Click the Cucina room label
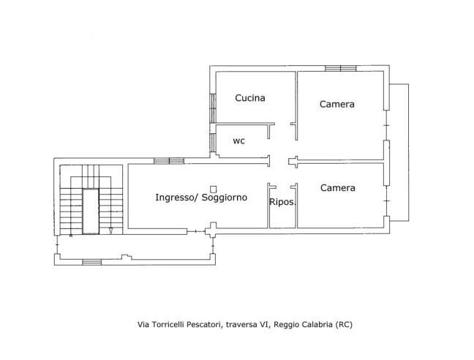pos(249,97)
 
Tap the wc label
pos(238,140)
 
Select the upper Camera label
pos(336,104)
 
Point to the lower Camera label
pos(337,188)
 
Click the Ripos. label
pos(282,202)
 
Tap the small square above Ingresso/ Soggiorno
pos(212,187)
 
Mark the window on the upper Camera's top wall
pos(340,68)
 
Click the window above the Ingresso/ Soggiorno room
pos(168,160)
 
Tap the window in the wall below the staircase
pos(91,261)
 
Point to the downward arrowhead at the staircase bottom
pos(110,231)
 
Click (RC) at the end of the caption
pos(344,324)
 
